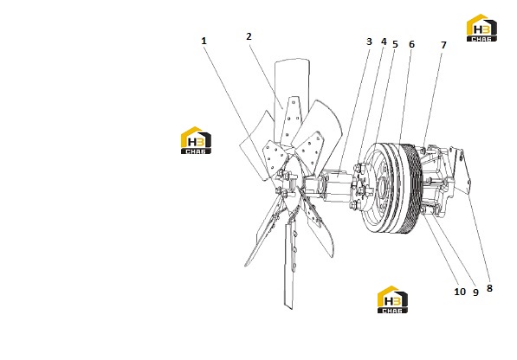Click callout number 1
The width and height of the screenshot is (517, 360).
(x=204, y=41)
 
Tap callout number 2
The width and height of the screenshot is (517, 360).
(x=249, y=36)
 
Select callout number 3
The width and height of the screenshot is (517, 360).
(x=369, y=42)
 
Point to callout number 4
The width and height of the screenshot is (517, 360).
(x=384, y=42)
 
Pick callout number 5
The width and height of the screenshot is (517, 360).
(x=396, y=44)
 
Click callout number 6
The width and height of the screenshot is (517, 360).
(x=411, y=44)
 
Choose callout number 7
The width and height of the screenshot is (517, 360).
(x=443, y=45)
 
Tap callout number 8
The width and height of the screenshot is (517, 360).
(x=489, y=288)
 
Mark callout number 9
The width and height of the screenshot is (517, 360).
(x=475, y=292)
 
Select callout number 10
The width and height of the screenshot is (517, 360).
(x=460, y=292)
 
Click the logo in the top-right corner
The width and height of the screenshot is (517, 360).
(x=481, y=28)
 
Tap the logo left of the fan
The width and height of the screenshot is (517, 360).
(x=197, y=140)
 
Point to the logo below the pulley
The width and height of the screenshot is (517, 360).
(x=392, y=299)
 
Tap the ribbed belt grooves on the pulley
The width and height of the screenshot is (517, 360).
(x=412, y=190)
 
